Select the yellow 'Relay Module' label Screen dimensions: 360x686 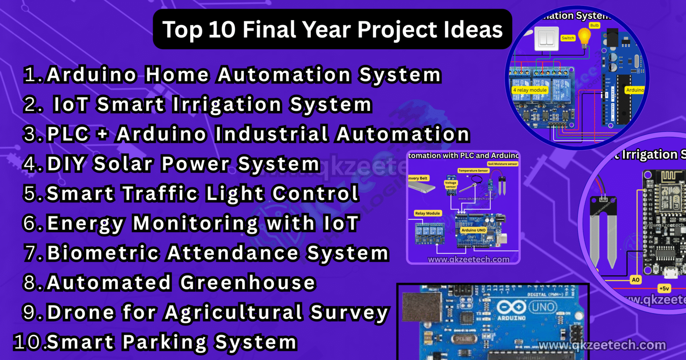click(x=427, y=213)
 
